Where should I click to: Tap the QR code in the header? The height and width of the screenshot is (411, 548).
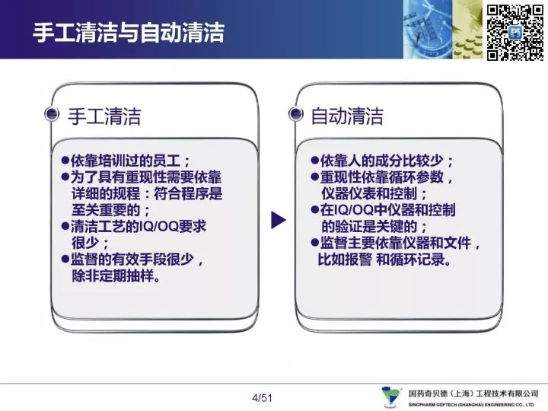click(515, 32)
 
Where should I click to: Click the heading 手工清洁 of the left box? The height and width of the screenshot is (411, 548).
click(104, 116)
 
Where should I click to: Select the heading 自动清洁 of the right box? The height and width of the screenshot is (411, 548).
click(347, 116)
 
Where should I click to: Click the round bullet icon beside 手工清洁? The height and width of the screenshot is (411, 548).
click(52, 114)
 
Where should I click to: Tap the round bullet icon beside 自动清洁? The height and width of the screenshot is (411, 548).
click(295, 114)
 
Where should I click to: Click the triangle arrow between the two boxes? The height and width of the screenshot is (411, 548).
click(279, 220)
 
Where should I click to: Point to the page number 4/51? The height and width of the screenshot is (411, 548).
click(262, 398)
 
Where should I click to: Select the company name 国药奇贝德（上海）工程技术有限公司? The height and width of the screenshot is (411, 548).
click(473, 394)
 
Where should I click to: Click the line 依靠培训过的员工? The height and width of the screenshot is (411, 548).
click(130, 161)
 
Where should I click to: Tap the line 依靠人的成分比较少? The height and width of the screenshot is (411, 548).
click(387, 161)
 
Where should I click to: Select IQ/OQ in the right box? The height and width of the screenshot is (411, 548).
click(354, 210)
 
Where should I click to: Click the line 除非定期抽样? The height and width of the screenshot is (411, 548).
click(116, 276)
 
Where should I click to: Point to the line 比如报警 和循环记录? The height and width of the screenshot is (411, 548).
click(384, 260)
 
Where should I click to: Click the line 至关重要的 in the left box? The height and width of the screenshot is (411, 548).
click(110, 210)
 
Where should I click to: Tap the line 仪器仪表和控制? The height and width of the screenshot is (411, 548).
click(374, 193)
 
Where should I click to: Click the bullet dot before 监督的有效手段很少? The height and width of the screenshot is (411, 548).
click(65, 260)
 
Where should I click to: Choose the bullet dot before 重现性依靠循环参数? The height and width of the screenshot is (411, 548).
click(315, 177)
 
